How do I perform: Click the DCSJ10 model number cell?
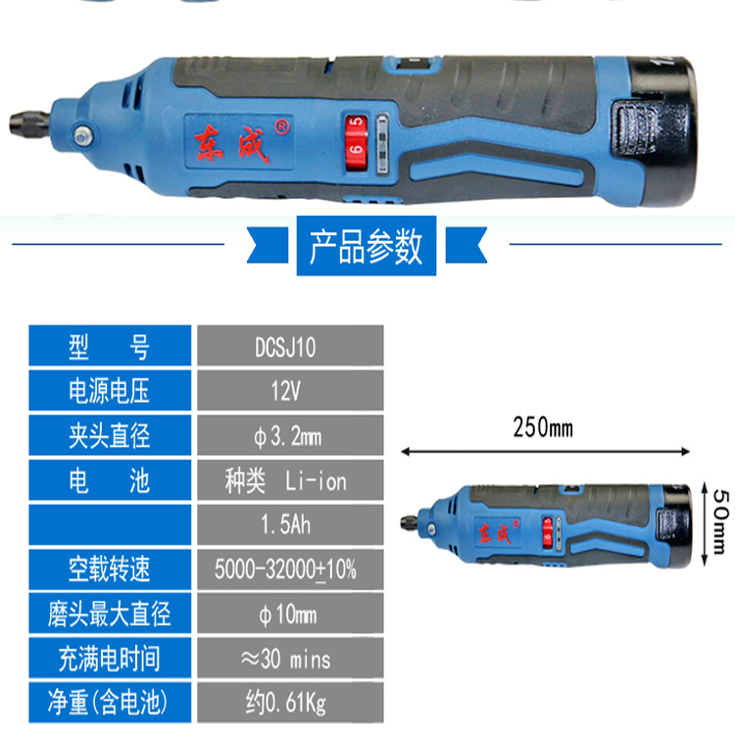click(290, 346)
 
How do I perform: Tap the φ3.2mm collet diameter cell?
click(290, 435)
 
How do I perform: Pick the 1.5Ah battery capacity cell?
click(290, 524)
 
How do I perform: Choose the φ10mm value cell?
click(290, 613)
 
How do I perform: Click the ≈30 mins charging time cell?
click(290, 658)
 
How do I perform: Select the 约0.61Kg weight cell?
click(290, 703)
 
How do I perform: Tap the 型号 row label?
click(110, 346)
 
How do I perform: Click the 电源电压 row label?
click(110, 390)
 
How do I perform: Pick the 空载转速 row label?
click(110, 569)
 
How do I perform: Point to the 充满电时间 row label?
click(110, 658)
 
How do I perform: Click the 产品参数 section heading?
click(367, 246)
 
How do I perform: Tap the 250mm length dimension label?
click(543, 427)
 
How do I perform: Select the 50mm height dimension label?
click(720, 521)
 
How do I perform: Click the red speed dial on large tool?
click(356, 142)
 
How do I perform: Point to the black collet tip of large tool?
click(29, 123)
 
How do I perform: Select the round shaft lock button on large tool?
click(83, 136)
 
